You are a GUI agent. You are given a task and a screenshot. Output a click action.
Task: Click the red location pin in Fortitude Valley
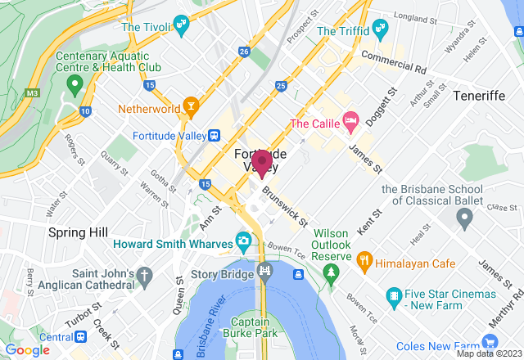(x=262, y=163)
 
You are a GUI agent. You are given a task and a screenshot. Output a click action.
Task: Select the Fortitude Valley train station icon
(x=214, y=135)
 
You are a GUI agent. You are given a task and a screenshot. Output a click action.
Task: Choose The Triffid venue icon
(x=378, y=31)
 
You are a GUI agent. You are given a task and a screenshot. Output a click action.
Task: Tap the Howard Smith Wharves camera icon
(x=243, y=241)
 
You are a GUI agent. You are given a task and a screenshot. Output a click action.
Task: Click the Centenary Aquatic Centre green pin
(x=75, y=83)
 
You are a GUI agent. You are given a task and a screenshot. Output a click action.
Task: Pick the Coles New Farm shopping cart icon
(x=490, y=342)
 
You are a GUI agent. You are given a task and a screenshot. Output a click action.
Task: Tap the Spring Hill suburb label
(x=78, y=232)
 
